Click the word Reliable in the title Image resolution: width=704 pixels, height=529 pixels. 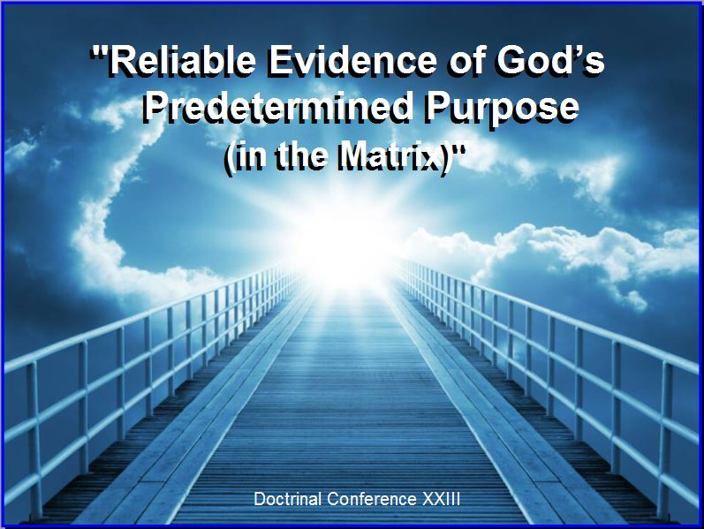pyautogui.click(x=182, y=62)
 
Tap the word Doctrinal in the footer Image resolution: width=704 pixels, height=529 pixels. pyautogui.click(x=288, y=499)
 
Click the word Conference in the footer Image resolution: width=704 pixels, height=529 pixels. pyautogui.click(x=372, y=499)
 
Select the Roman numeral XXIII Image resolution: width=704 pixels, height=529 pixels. pyautogui.click(x=442, y=499)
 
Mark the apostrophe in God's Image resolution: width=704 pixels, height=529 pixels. pyautogui.click(x=577, y=51)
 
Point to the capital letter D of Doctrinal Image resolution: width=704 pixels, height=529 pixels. pyautogui.click(x=259, y=499)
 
